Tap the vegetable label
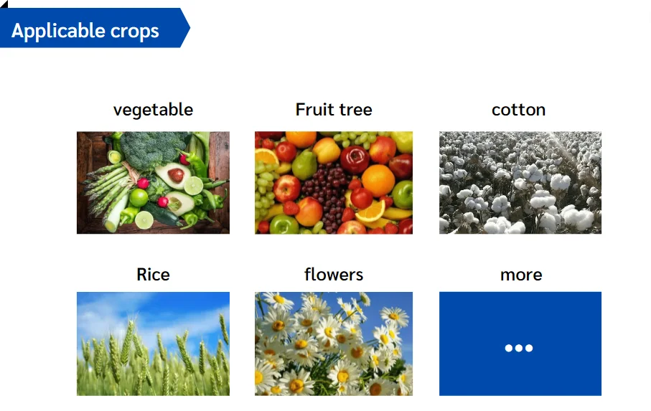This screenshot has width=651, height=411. pyautogui.click(x=153, y=110)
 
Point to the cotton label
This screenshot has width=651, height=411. pyautogui.click(x=518, y=110)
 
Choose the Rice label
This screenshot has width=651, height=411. pyautogui.click(x=153, y=275)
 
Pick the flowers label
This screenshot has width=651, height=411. pyautogui.click(x=334, y=275)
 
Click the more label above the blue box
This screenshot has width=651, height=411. pyautogui.click(x=521, y=275)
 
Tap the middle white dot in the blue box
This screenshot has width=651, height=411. pyautogui.click(x=519, y=349)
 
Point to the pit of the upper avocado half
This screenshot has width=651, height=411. pyautogui.click(x=176, y=174)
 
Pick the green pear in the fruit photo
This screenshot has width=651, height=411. pyautogui.click(x=304, y=166)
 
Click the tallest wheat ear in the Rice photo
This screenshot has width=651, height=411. pyautogui.click(x=129, y=337)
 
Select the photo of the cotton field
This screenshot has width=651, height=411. pyautogui.click(x=520, y=182)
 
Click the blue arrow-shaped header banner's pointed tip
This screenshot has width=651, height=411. pyautogui.click(x=189, y=28)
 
